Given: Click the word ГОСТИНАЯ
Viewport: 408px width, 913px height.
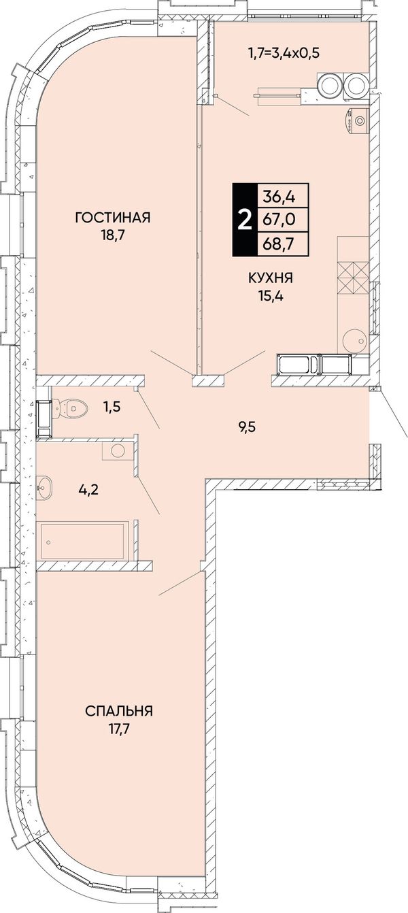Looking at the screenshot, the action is coord(113,217).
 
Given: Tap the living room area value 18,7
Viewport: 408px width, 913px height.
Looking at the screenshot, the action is coord(113,235).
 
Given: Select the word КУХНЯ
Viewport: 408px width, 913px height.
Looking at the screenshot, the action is coord(271,278).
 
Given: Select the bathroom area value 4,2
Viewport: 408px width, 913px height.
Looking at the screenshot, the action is coord(89,488).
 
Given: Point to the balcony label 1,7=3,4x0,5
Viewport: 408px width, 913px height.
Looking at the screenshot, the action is coord(284,52).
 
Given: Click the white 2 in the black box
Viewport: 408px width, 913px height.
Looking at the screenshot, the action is coord(245,220).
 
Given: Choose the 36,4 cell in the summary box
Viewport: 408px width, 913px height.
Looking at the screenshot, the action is coord(279,197).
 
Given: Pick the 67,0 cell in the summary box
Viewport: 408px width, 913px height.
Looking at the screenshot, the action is coord(279,220).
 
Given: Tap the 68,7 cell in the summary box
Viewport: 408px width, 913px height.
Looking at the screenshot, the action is coord(279,244).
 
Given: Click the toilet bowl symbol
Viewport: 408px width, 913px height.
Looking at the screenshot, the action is coord(71,408).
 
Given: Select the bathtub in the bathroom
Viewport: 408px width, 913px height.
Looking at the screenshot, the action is coord(83,542).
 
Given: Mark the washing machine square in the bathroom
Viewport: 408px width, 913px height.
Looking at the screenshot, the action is coord(118,450).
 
